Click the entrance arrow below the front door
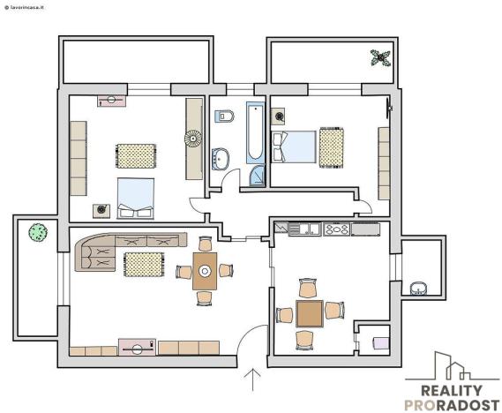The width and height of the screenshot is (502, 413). pos(254,379)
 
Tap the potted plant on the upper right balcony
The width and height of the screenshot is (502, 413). pos(381,58)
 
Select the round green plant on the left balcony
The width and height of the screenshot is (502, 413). pos(37,233)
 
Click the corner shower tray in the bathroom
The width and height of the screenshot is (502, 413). pos(255,176)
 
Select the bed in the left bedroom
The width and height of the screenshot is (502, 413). pos(136,198)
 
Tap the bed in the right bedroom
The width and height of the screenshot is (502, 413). pos(294,146)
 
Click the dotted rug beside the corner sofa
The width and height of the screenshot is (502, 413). pos(141,263)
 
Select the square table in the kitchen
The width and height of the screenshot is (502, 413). pos(309,313)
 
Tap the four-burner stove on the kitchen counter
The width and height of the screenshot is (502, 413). pos(337,229)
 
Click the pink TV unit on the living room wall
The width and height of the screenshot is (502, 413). pos(137,347)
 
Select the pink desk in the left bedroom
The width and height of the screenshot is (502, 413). pos(111,101)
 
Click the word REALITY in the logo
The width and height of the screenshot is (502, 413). pos(451,391)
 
